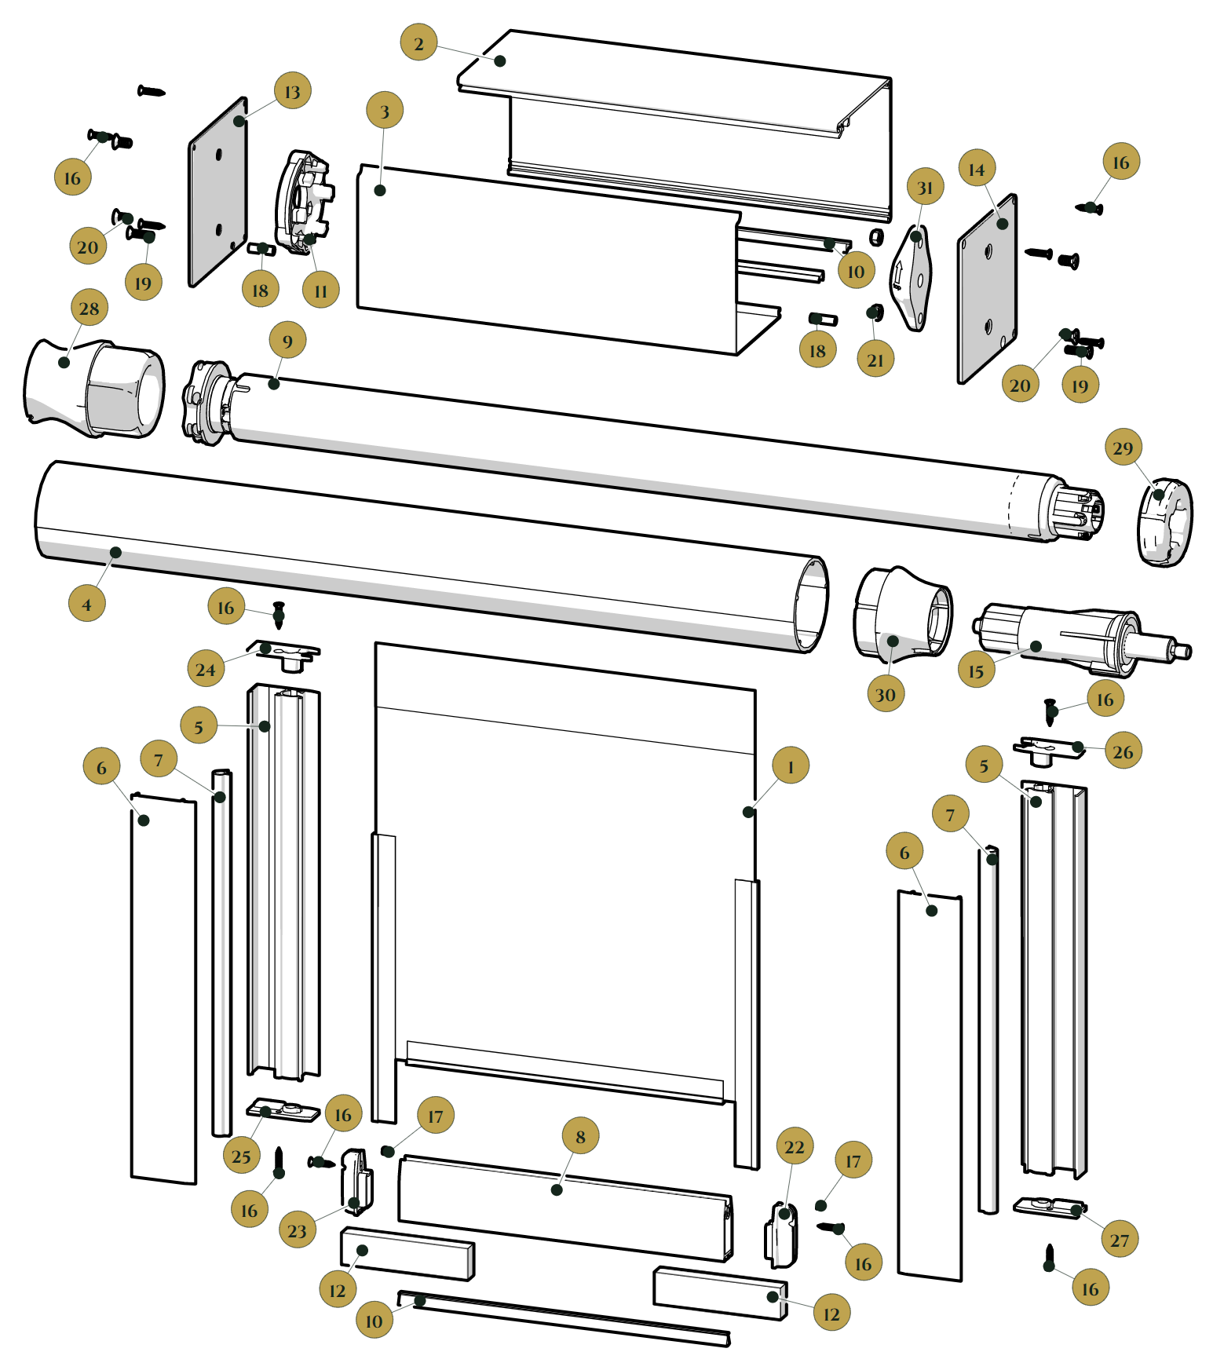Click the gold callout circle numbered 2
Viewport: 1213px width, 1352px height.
click(x=418, y=42)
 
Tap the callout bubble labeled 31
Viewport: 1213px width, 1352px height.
click(x=925, y=187)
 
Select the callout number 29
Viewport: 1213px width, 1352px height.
click(x=1123, y=448)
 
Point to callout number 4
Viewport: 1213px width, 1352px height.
click(x=86, y=604)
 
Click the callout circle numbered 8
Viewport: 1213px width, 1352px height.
click(x=580, y=1136)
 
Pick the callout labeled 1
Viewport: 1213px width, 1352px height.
click(x=791, y=766)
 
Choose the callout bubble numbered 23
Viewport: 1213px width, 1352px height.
click(x=298, y=1230)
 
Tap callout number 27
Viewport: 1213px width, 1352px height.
click(x=1120, y=1240)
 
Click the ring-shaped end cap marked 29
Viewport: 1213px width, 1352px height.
click(x=1164, y=521)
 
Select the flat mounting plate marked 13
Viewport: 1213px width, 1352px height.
click(x=217, y=192)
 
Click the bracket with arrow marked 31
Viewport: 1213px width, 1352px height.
click(x=912, y=278)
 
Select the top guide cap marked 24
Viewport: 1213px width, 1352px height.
click(x=285, y=653)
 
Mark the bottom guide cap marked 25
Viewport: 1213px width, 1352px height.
click(x=283, y=1110)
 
